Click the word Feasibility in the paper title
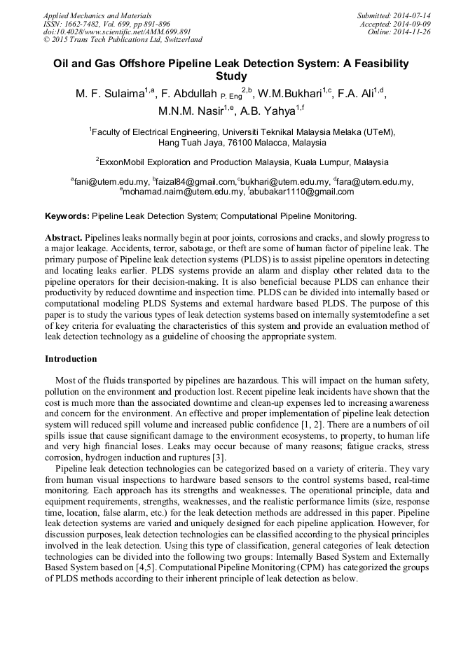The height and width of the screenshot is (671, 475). [377, 63]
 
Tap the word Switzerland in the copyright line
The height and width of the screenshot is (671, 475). [177, 41]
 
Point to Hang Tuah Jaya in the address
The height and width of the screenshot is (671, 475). [187, 143]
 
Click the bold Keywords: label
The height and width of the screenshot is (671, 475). [67, 216]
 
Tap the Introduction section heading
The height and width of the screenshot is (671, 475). [71, 359]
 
